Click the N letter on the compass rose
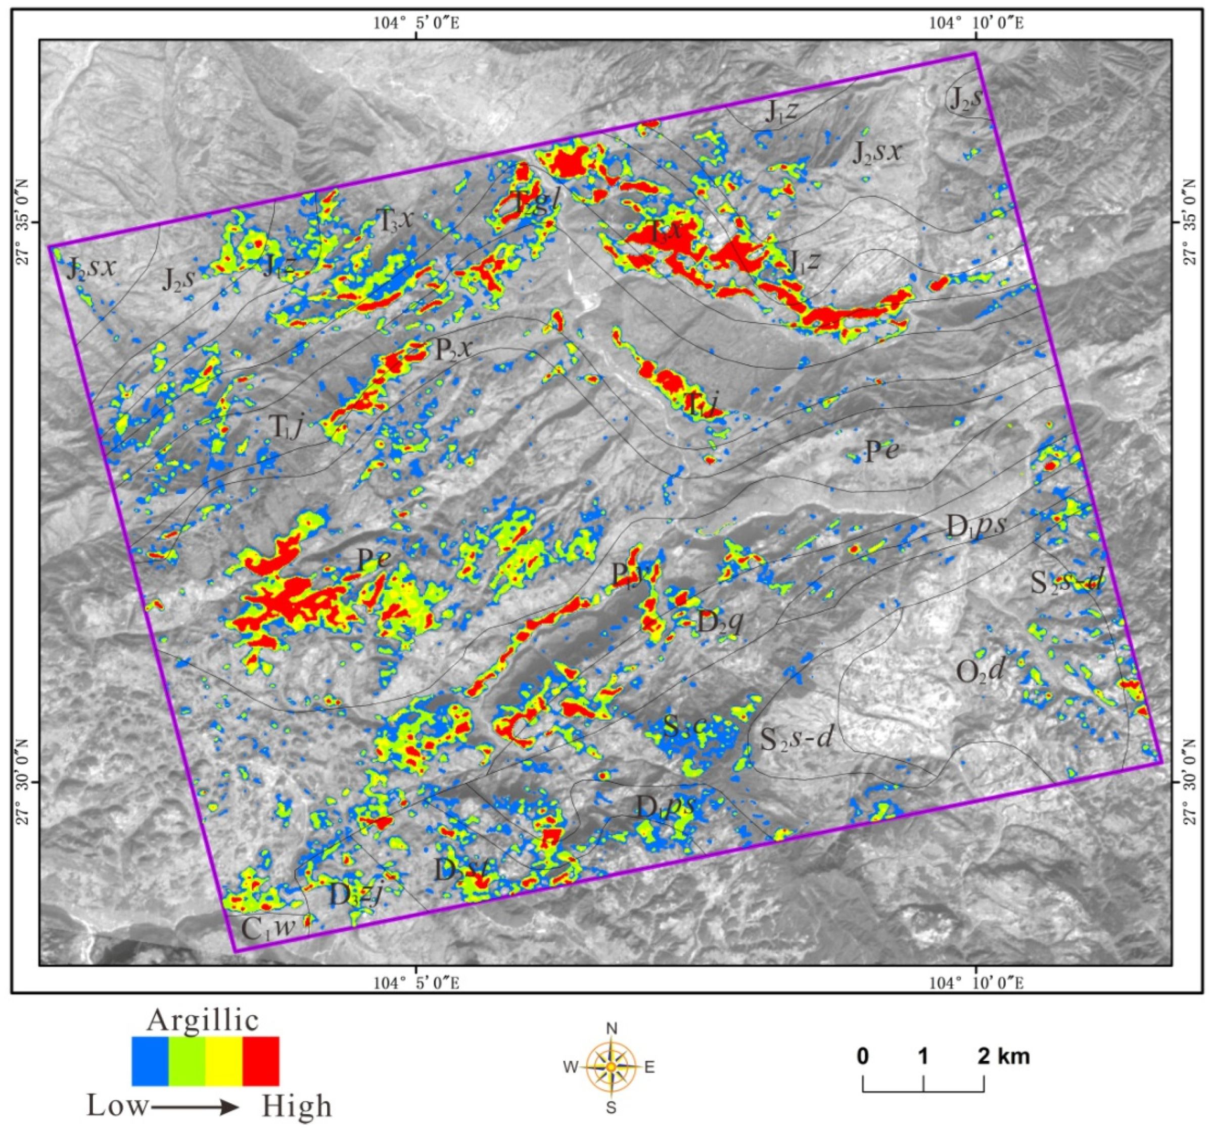pos(612,1029)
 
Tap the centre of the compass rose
pos(611,1067)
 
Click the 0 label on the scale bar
pos(862,1056)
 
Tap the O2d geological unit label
pos(979,672)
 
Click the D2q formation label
pos(719,623)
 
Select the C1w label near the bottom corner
pos(268,929)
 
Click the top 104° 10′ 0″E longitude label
pos(975,23)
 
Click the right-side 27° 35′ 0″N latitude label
pos(1188,222)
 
